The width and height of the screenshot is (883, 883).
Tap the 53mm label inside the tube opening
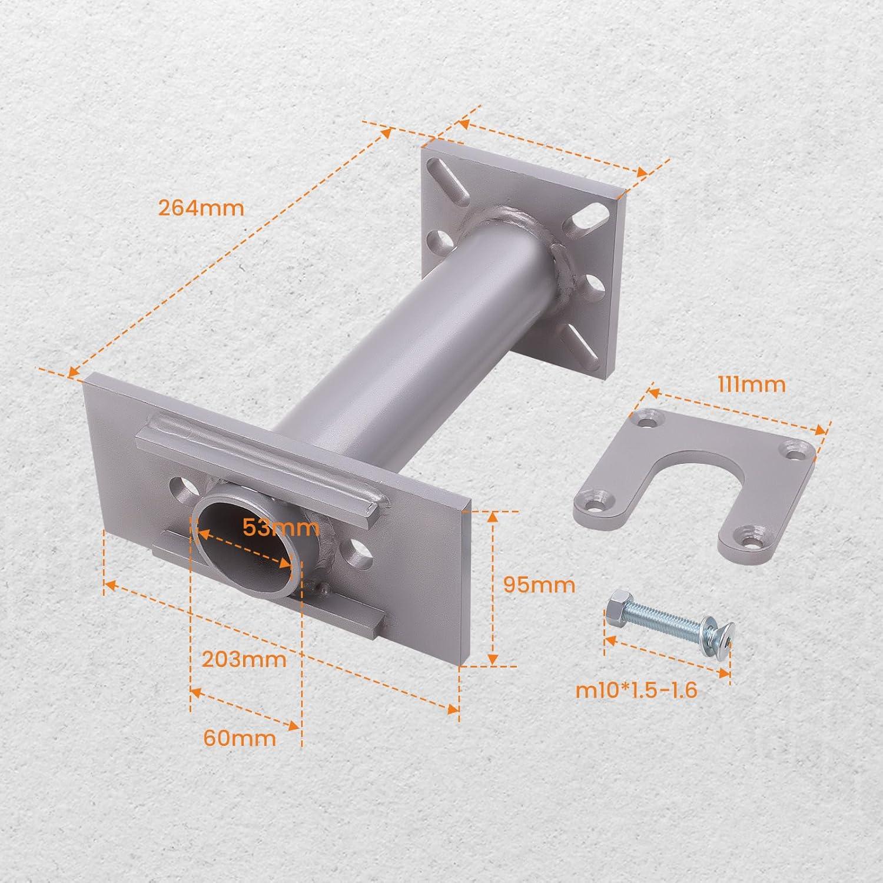tap(281, 527)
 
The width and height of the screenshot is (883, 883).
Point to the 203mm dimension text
tap(244, 659)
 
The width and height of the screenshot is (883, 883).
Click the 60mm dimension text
tap(240, 737)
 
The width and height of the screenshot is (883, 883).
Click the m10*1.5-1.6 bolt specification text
tap(636, 690)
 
